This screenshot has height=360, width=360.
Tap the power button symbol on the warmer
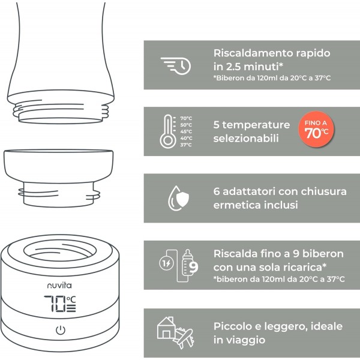click(x=60, y=330)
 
